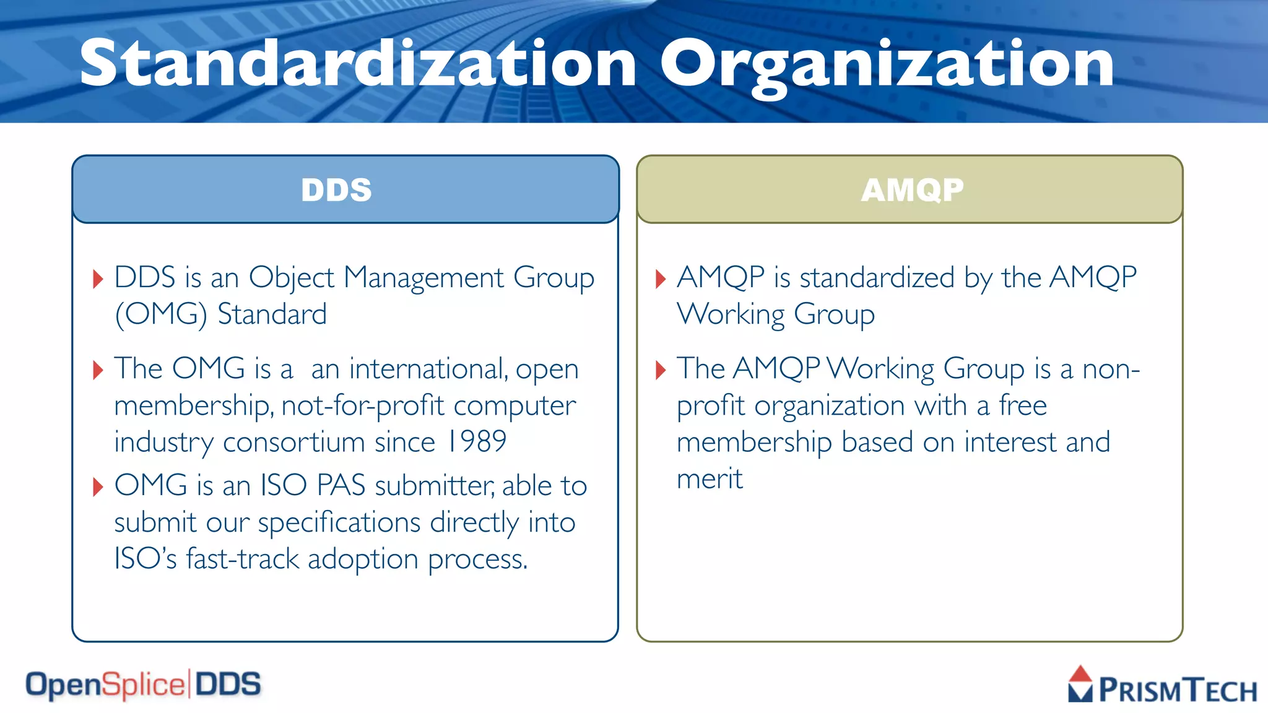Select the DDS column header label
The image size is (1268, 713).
click(336, 190)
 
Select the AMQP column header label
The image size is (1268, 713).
click(912, 190)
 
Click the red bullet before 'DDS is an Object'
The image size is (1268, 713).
click(98, 279)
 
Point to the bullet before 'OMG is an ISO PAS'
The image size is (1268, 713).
click(98, 487)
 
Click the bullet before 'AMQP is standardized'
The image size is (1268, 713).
click(661, 279)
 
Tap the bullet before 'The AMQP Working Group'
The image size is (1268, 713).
click(661, 370)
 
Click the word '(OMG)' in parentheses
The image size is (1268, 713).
click(160, 314)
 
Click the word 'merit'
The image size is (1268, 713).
click(710, 479)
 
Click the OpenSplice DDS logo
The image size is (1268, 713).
click(143, 685)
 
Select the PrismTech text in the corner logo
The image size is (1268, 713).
click(1177, 690)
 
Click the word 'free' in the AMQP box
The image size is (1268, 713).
click(1022, 406)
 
